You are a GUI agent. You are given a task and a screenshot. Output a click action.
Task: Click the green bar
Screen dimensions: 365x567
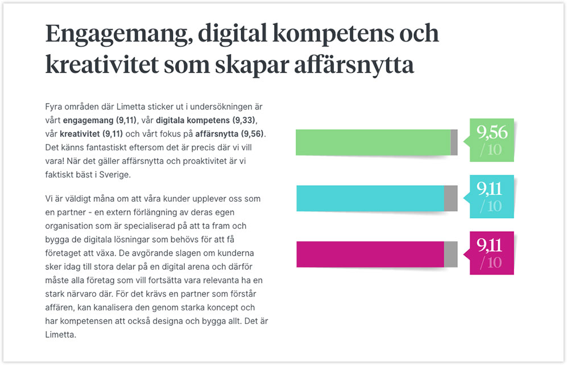pyautogui.click(x=373, y=142)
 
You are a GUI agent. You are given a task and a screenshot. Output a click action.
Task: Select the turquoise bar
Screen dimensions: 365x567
pyautogui.click(x=370, y=199)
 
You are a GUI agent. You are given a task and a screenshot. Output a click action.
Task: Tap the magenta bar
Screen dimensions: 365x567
pyautogui.click(x=370, y=254)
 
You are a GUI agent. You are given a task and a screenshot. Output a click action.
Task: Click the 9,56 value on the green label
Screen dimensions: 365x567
pyautogui.click(x=492, y=133)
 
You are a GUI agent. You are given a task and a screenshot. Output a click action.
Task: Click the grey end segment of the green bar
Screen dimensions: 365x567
pyautogui.click(x=454, y=142)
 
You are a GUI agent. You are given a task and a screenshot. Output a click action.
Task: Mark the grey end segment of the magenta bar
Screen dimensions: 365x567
pyautogui.click(x=450, y=254)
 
